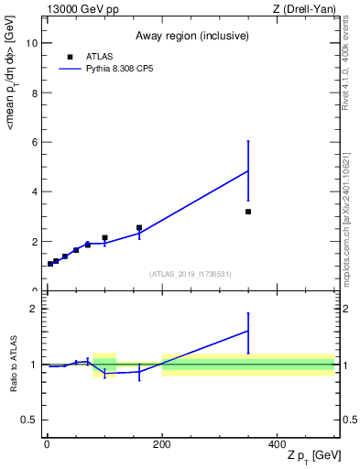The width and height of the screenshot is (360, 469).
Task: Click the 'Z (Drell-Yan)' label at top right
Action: pyautogui.click(x=304, y=9)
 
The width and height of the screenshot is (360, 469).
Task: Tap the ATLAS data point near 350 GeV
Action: pyautogui.click(x=248, y=212)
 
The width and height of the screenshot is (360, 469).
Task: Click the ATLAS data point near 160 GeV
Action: pyautogui.click(x=139, y=227)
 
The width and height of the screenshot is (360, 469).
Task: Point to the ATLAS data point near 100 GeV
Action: pyautogui.click(x=104, y=237)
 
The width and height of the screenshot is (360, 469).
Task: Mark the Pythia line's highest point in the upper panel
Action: pyautogui.click(x=248, y=170)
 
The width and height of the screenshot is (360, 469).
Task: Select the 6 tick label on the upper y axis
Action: pyautogui.click(x=34, y=142)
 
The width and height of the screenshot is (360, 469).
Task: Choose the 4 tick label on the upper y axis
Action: pyautogui.click(x=34, y=191)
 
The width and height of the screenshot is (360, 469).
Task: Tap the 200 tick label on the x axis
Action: pyautogui.click(x=162, y=444)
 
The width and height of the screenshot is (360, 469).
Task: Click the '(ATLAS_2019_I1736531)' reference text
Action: pyautogui.click(x=190, y=274)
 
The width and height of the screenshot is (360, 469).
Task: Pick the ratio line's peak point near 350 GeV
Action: pyautogui.click(x=248, y=331)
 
